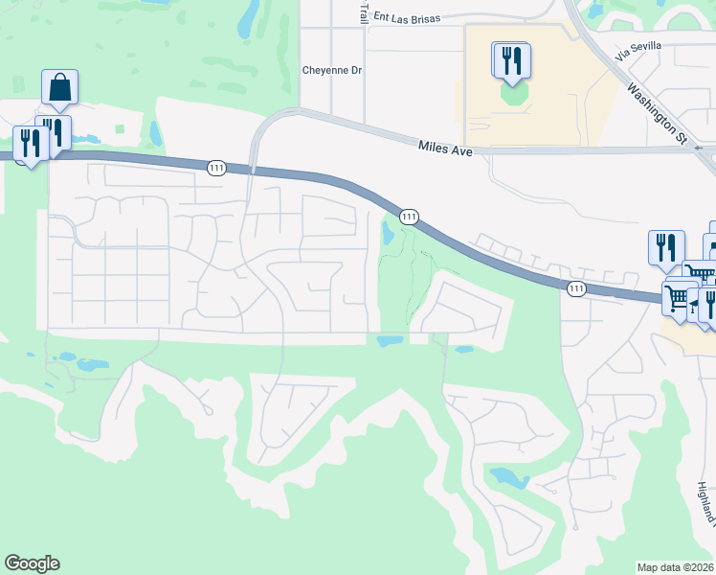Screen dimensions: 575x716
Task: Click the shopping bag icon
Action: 59,87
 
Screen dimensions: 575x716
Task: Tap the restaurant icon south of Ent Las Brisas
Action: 511,60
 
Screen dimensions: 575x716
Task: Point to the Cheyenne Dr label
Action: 332,70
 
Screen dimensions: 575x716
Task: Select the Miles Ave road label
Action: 446,146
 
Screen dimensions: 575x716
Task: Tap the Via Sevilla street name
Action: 638,47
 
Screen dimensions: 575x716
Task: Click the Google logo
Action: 32,563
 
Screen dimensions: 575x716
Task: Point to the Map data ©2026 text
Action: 676,566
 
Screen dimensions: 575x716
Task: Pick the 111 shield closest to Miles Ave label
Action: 409,217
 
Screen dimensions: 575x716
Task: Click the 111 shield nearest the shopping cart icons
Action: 574,287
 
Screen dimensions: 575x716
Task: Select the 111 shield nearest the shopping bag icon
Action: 215,168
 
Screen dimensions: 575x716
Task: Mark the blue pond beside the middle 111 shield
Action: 389,233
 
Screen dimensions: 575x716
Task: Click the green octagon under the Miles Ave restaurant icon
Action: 514,95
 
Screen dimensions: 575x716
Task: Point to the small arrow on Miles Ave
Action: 701,149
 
